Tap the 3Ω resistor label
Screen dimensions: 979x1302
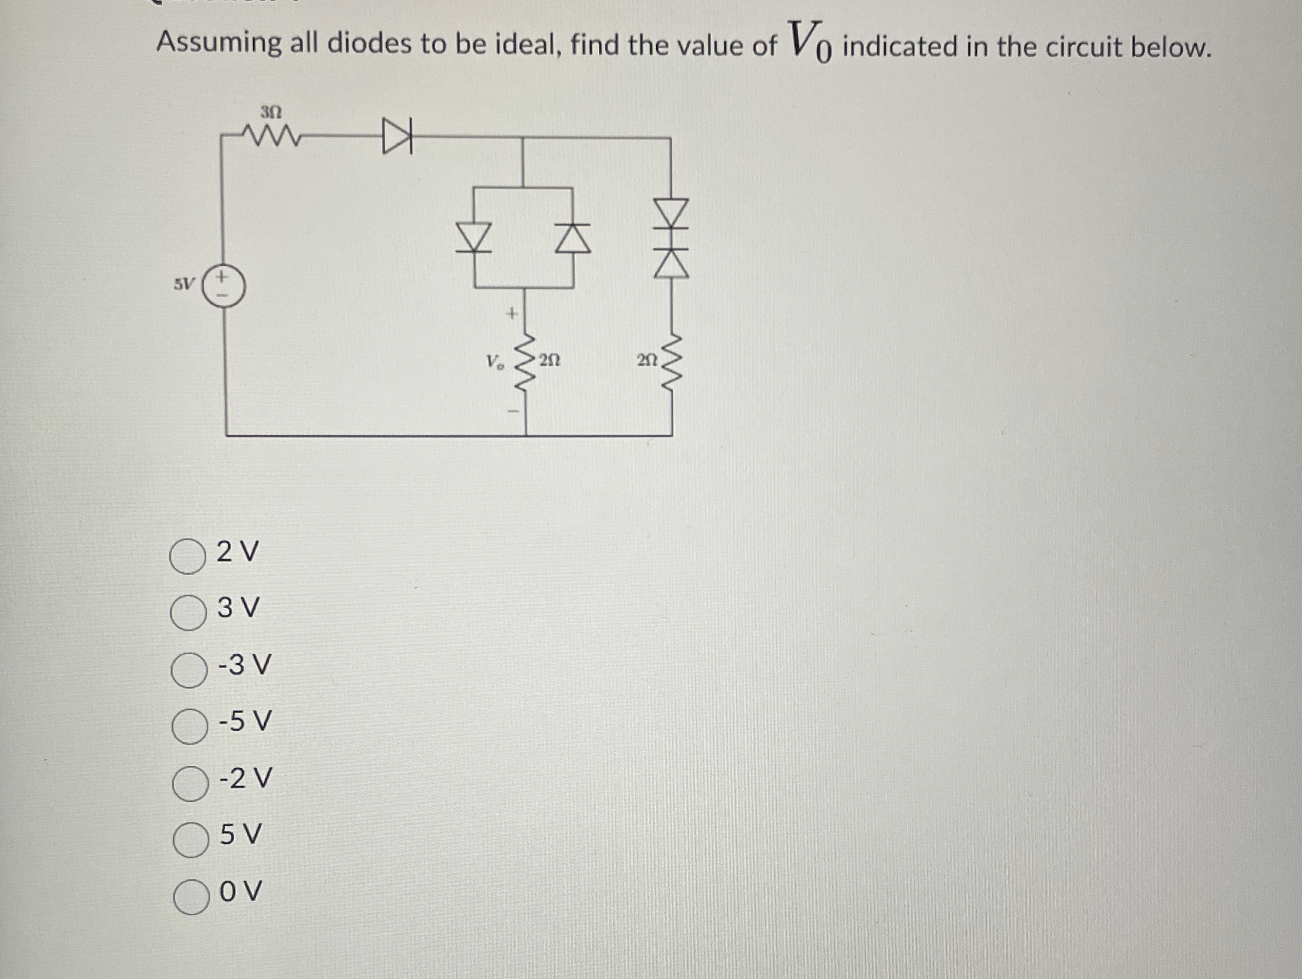click(272, 111)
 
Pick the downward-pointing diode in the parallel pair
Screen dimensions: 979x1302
click(474, 237)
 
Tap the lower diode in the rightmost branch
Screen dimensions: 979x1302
click(672, 262)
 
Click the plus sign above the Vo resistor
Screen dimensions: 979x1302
click(512, 313)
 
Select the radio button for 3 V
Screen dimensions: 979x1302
click(188, 612)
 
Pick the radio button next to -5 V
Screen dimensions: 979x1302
click(189, 726)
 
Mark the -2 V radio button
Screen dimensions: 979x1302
click(190, 783)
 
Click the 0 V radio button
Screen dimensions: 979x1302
click(191, 895)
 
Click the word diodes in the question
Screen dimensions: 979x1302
click(369, 44)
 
